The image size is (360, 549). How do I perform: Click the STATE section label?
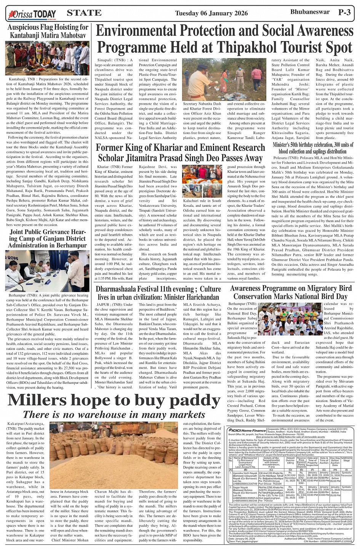click(x=84, y=13)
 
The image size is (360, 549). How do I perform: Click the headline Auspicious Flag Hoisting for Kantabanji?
click(x=48, y=31)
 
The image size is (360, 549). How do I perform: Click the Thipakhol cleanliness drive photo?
click(x=223, y=79)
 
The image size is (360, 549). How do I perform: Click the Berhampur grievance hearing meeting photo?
click(x=48, y=271)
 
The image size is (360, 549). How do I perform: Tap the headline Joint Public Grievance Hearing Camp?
click(x=48, y=238)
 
